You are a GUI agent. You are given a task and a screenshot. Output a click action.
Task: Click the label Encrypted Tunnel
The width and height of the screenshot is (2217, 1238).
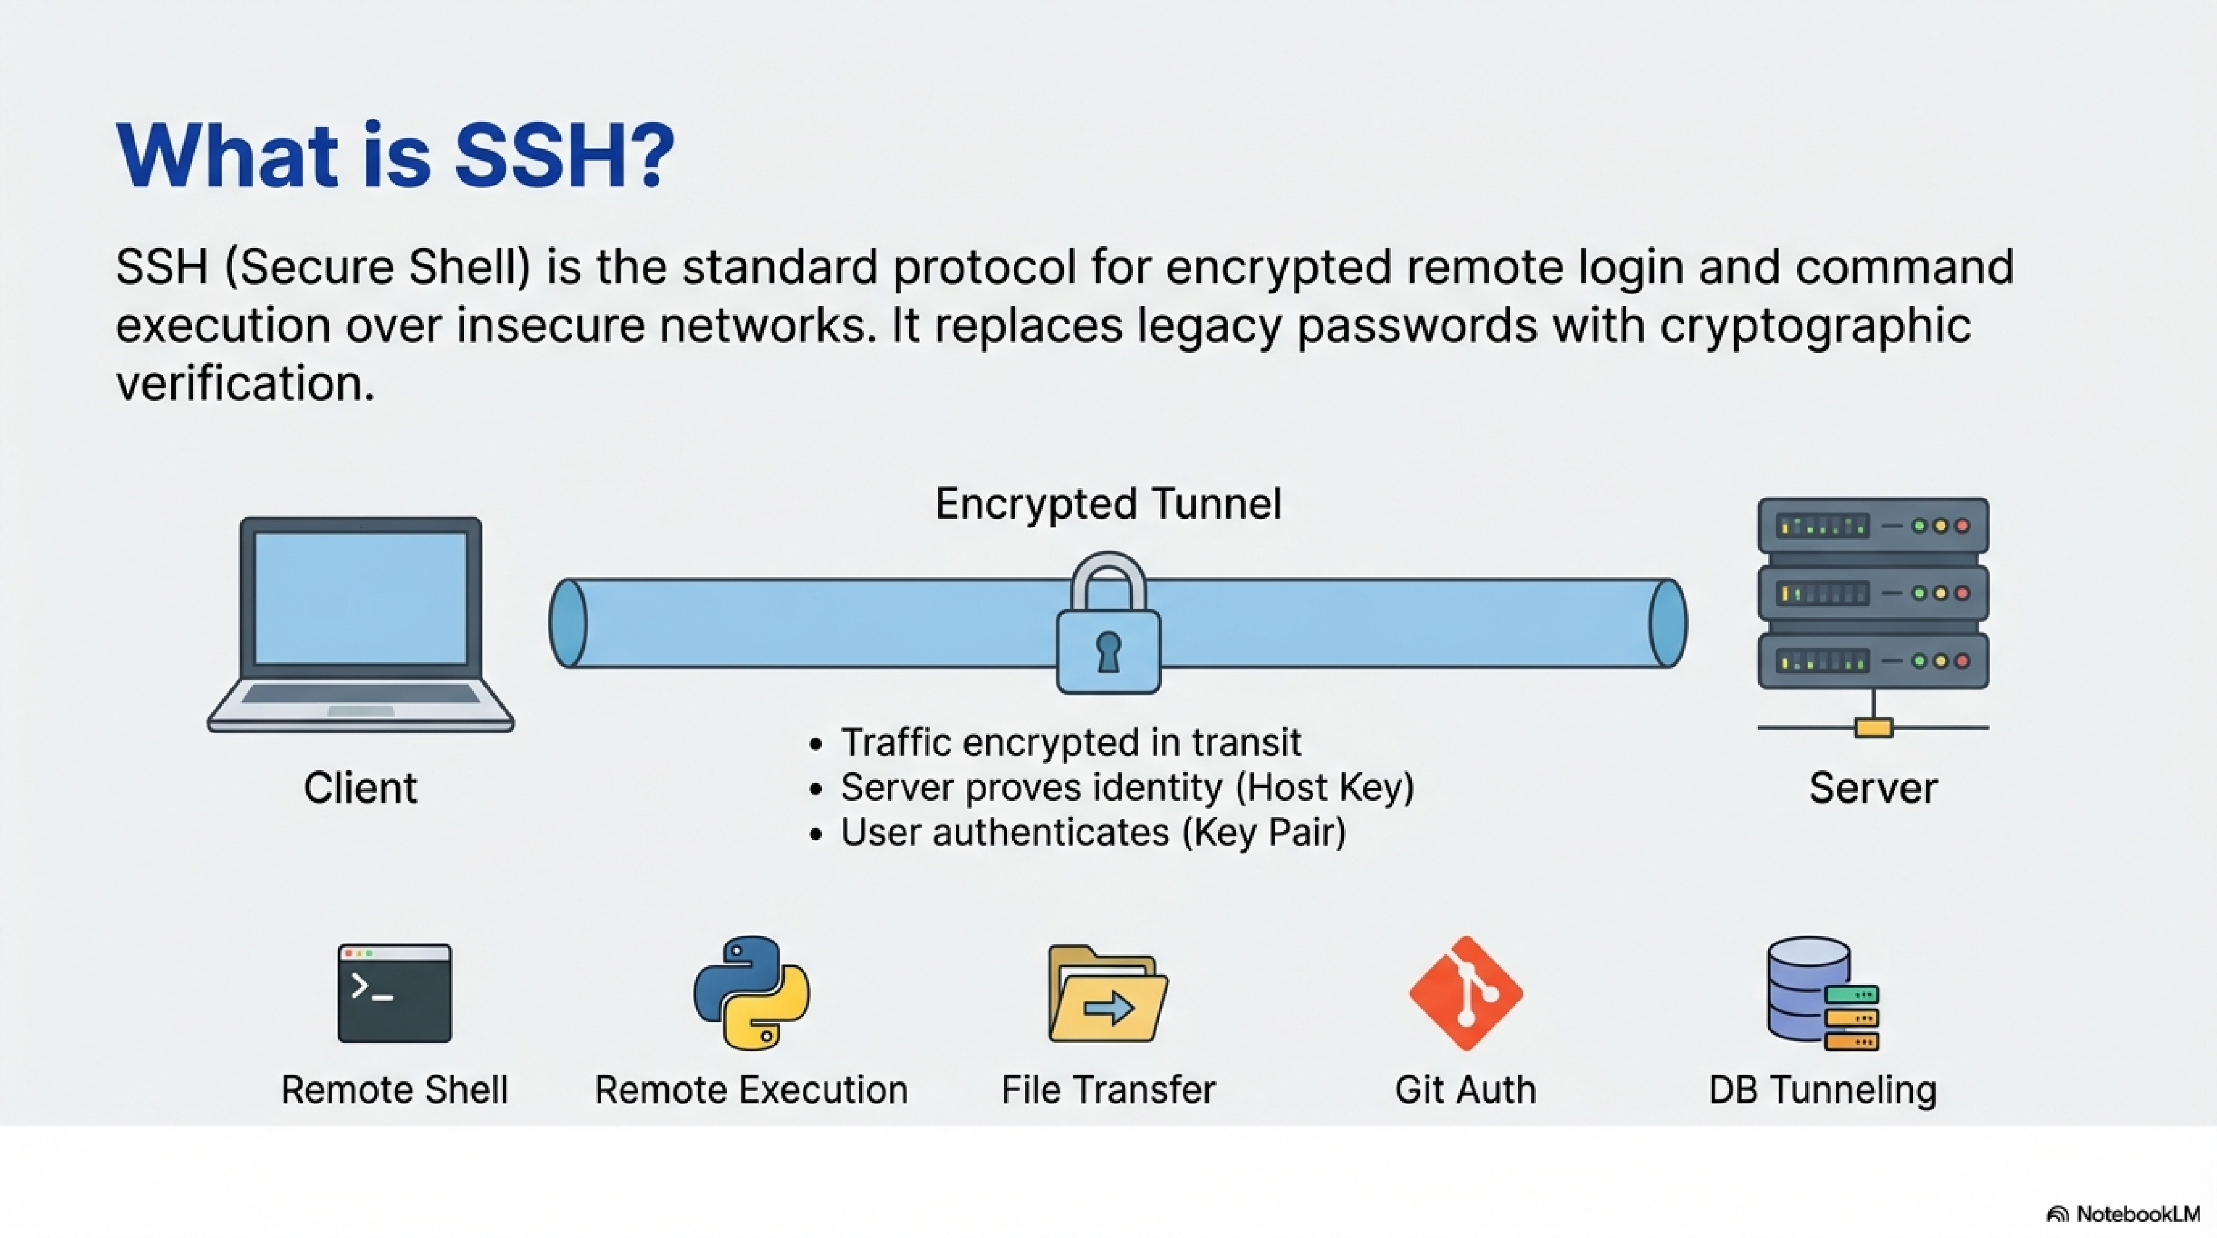tap(1108, 504)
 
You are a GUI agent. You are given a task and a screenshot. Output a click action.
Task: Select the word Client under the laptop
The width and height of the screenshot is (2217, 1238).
tap(360, 788)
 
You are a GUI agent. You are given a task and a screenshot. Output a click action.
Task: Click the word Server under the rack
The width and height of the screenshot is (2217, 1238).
tap(1873, 788)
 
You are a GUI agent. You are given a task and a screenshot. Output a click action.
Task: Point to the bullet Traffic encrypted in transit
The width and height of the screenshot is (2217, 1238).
tap(1070, 742)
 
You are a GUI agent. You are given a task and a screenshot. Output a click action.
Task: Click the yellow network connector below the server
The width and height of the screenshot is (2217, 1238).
tap(1874, 728)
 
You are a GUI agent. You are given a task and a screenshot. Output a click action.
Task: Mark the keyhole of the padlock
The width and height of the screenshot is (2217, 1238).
tap(1108, 650)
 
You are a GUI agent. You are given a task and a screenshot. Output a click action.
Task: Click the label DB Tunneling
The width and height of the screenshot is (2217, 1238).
tap(1822, 1090)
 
